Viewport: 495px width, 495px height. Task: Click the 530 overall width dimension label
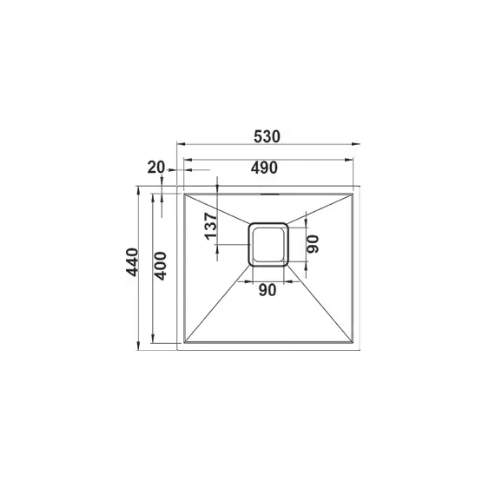267,136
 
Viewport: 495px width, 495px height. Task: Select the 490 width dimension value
264,168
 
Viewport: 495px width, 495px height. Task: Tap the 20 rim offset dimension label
156,168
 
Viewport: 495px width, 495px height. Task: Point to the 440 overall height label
132,262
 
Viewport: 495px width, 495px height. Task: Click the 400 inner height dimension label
161,266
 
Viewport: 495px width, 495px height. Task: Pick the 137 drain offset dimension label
211,226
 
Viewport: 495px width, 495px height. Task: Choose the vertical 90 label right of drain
313,244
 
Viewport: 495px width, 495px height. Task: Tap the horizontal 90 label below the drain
267,290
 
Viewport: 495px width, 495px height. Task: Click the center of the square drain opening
268,244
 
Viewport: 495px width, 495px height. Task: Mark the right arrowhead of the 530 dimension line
356,144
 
